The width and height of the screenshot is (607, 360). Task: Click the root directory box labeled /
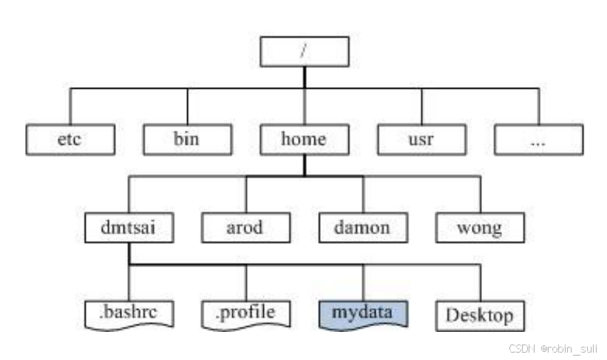[304, 52]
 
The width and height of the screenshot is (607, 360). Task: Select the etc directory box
[70, 139]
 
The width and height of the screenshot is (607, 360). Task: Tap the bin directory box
[187, 139]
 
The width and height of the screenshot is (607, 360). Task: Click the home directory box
[304, 139]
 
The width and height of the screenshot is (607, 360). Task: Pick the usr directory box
[421, 139]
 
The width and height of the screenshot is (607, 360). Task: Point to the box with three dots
[538, 139]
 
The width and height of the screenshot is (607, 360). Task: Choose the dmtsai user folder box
[129, 228]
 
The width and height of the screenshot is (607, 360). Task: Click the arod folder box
[245, 228]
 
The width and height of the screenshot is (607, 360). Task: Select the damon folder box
[362, 228]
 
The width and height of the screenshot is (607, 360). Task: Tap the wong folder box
[480, 228]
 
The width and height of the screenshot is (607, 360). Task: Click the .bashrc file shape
[129, 314]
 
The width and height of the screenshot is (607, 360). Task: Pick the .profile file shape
[245, 314]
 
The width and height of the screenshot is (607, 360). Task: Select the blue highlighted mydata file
[362, 314]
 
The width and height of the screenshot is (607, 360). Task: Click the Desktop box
[480, 316]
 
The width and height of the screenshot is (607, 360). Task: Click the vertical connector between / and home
[304, 96]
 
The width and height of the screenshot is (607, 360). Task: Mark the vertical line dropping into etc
[70, 106]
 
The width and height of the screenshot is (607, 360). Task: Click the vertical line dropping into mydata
[362, 282]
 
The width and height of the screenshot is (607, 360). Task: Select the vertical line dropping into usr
[421, 106]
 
